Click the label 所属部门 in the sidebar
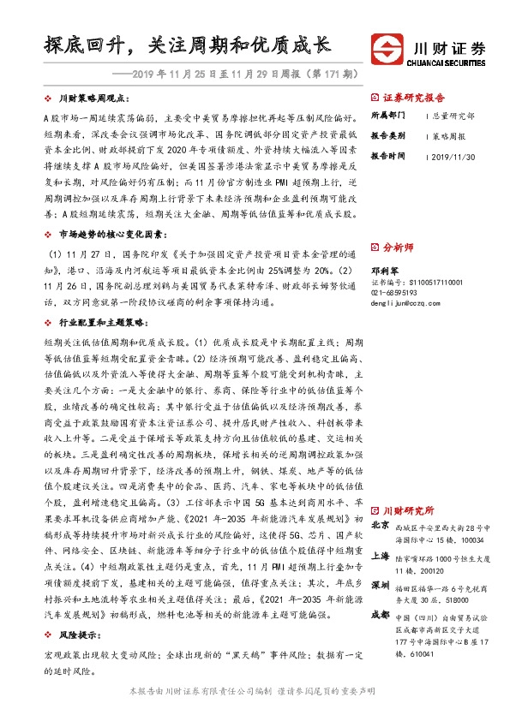(x=387, y=116)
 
